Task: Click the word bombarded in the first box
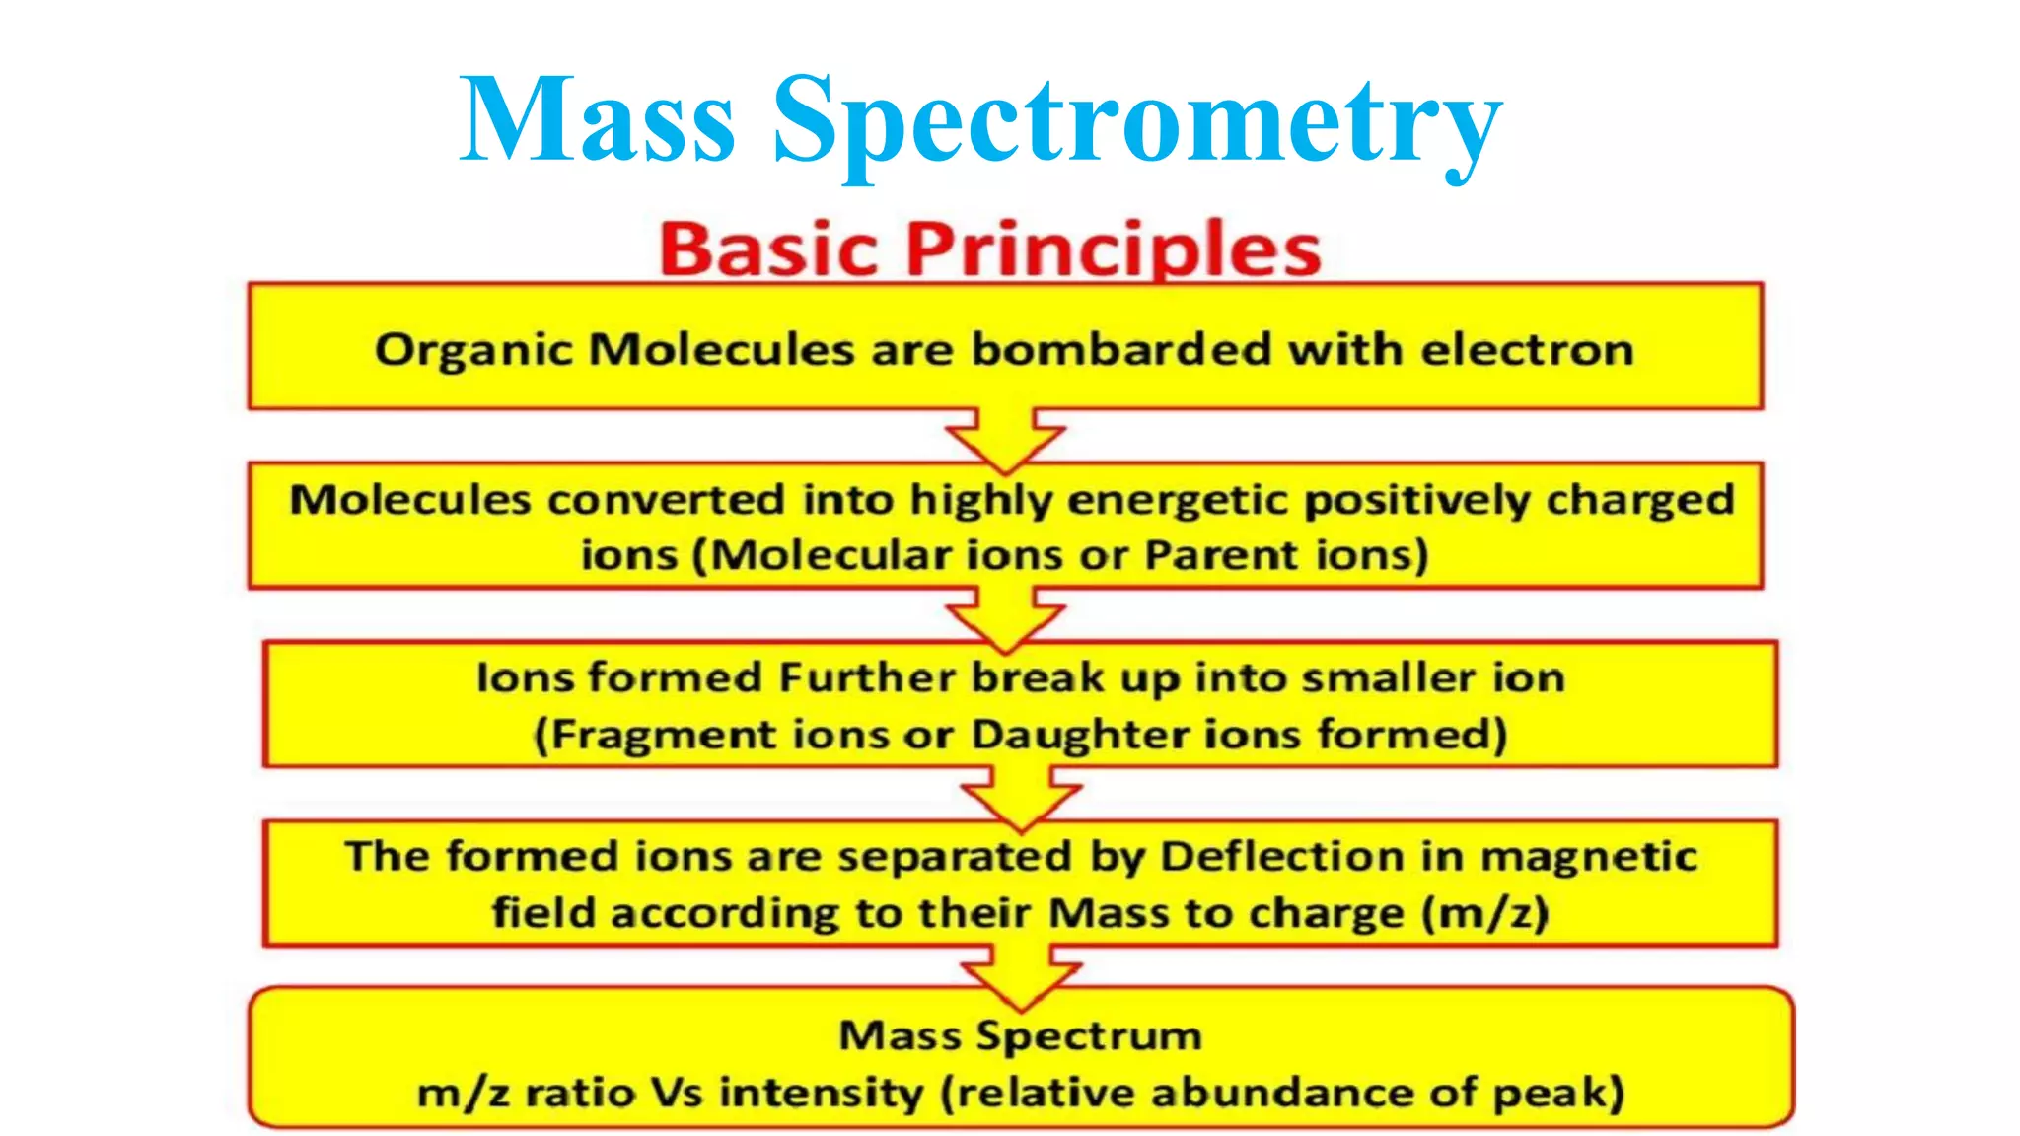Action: tap(1121, 349)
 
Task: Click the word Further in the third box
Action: tap(867, 678)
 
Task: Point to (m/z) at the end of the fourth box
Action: tap(1484, 913)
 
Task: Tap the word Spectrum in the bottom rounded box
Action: tap(1089, 1035)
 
